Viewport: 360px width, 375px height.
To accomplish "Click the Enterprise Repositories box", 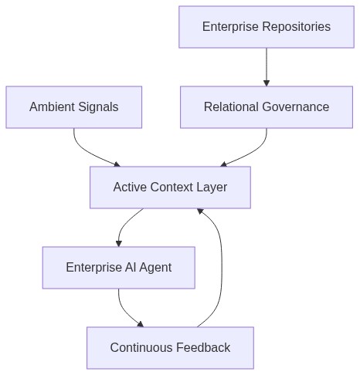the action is (x=267, y=27).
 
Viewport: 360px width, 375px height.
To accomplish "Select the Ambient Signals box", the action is (x=74, y=107).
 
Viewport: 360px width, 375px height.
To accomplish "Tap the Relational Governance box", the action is (x=267, y=107).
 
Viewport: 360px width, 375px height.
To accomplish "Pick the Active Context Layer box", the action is (x=170, y=187).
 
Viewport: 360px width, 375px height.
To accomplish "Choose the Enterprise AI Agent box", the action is (x=119, y=268).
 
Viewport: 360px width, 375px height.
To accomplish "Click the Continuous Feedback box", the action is (x=170, y=348).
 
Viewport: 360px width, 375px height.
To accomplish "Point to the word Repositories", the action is (x=297, y=27).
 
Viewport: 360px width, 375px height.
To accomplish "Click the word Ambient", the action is (x=52, y=106).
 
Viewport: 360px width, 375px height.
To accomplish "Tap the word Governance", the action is (x=296, y=106).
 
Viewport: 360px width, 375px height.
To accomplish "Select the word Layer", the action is (x=212, y=187).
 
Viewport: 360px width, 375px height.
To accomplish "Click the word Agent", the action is (x=155, y=268).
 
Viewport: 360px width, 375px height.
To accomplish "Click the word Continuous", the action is (x=141, y=347).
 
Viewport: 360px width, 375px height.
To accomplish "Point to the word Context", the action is (x=172, y=187).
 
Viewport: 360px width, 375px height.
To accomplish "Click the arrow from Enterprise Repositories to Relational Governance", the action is (x=267, y=67).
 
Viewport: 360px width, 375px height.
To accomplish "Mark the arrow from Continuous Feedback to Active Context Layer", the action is (x=222, y=268).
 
